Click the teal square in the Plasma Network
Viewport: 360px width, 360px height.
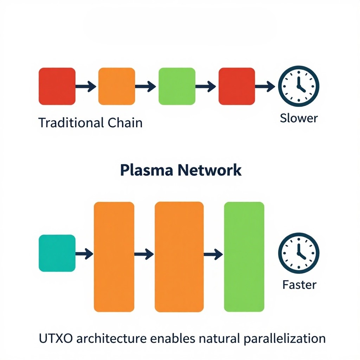[x=57, y=253]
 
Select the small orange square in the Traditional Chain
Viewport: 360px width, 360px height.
[x=117, y=86]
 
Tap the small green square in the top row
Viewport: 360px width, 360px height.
[x=177, y=86]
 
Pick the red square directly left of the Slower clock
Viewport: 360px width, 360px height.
[x=237, y=86]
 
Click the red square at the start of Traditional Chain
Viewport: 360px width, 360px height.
[x=57, y=86]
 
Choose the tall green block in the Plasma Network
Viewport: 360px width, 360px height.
[x=244, y=257]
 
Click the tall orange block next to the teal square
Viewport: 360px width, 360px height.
[x=114, y=257]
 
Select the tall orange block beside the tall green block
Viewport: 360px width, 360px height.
[x=179, y=257]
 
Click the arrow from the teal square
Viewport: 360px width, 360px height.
[x=84, y=254]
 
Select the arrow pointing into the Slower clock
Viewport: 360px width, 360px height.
[x=265, y=86]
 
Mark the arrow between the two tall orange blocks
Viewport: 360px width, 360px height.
[x=144, y=254]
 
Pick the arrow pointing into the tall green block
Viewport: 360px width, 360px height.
[x=213, y=254]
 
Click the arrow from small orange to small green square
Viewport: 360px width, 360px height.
[x=145, y=86]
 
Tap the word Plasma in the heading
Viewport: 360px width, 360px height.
[x=147, y=171]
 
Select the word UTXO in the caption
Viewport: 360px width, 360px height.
[x=56, y=339]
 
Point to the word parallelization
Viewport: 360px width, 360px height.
[x=285, y=339]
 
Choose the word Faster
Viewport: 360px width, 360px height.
[x=300, y=285]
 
